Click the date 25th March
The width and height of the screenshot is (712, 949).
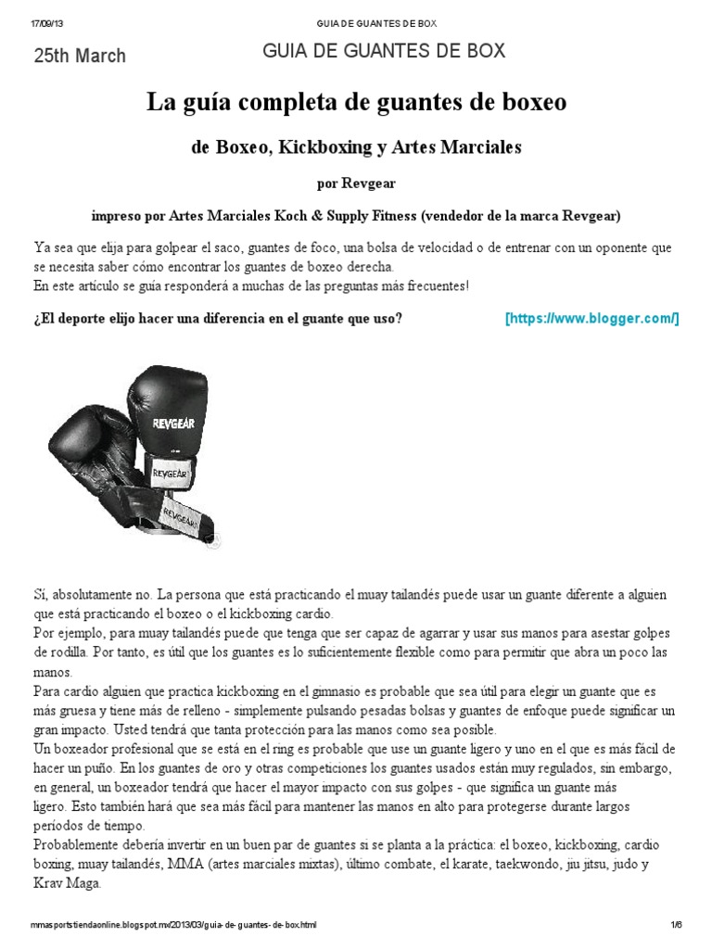80,56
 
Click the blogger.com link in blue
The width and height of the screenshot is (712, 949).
591,319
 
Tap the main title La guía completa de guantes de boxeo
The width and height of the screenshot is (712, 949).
356,103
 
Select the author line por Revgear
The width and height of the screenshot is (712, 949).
356,183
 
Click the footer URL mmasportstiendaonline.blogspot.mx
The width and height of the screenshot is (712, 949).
172,925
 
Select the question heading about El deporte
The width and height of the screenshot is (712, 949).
217,319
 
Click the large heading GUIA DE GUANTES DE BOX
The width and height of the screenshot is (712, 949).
384,52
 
